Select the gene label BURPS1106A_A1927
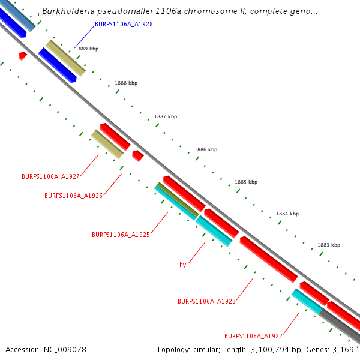click(x=50, y=176)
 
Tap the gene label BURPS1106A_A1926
click(x=73, y=196)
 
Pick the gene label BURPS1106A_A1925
click(x=121, y=235)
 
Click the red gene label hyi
click(x=184, y=265)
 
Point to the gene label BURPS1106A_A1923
click(x=206, y=301)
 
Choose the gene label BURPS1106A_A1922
click(x=253, y=336)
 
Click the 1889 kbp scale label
click(x=87, y=49)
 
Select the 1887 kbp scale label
click(x=166, y=116)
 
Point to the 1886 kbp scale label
click(x=206, y=149)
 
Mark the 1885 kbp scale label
click(x=246, y=182)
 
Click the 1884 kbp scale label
click(x=287, y=214)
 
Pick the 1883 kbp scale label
click(x=329, y=245)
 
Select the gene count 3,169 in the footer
click(x=343, y=349)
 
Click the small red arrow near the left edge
click(x=22, y=56)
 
